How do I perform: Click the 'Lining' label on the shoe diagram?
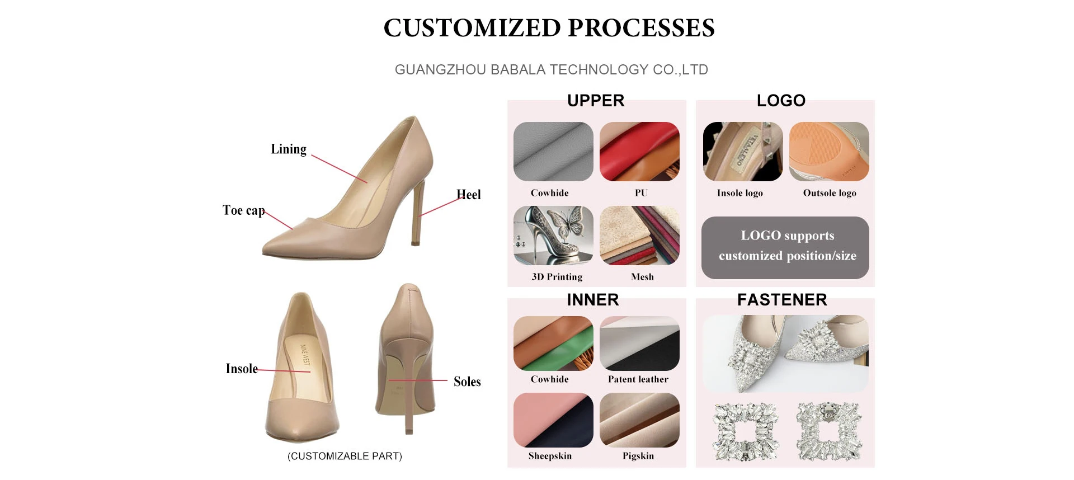pos(289,149)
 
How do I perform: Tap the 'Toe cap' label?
pos(243,210)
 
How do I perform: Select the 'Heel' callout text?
pos(469,195)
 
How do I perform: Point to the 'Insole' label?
pos(242,369)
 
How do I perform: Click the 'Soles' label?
pos(467,382)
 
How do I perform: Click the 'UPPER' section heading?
pos(596,101)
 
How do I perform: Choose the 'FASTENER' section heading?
pos(782,300)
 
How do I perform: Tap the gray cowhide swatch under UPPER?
pos(553,152)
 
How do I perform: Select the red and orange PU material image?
pos(639,152)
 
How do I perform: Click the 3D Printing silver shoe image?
pos(553,236)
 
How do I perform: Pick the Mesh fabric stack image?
pos(639,236)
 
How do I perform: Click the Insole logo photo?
pos(743,152)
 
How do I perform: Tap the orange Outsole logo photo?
pos(829,152)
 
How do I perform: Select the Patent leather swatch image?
pos(639,343)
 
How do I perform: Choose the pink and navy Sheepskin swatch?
pos(553,420)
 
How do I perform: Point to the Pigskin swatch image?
pos(639,420)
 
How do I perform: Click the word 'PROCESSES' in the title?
pos(641,28)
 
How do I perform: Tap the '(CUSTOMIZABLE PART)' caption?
pos(345,457)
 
